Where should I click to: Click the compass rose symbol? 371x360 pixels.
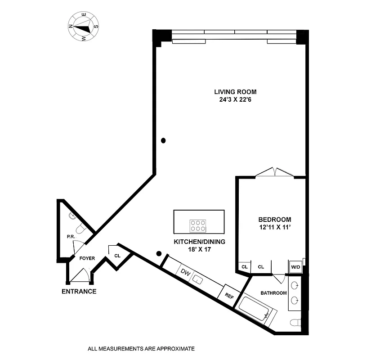coord(83,27)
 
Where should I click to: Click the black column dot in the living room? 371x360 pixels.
coord(164,140)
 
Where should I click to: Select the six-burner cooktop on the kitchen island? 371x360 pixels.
coord(198,225)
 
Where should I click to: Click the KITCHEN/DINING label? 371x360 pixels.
coord(199,242)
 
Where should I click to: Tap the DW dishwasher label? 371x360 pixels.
coord(185,272)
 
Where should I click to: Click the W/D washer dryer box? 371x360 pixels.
coord(295,267)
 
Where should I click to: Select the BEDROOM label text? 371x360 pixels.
coord(274,220)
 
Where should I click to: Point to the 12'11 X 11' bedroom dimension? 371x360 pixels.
coord(274,227)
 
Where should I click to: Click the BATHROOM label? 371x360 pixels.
coord(273,293)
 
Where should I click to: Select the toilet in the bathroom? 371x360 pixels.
coord(295,323)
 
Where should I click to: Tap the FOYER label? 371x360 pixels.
coord(87,259)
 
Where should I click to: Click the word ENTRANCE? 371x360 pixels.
coord(79,291)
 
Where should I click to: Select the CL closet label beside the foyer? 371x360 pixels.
coord(117,256)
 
